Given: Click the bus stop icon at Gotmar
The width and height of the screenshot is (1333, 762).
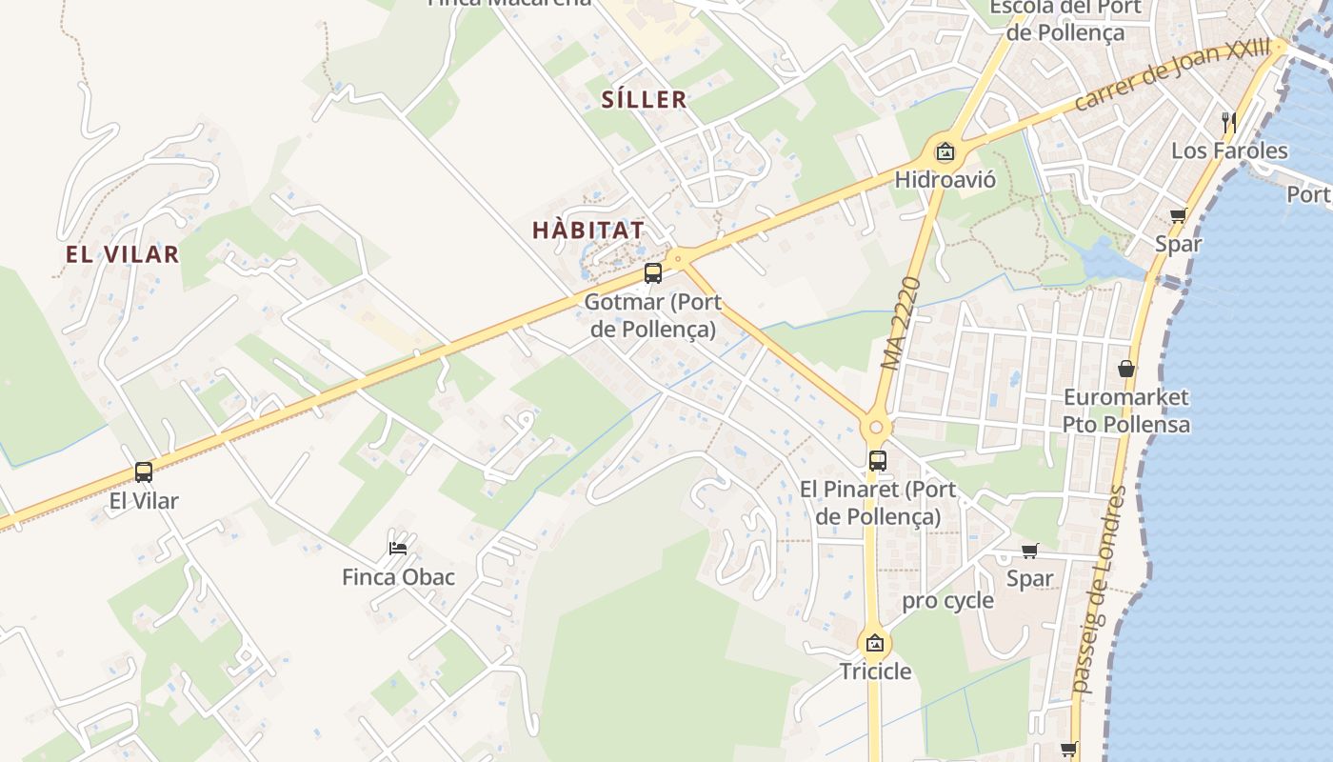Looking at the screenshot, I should pyautogui.click(x=652, y=273).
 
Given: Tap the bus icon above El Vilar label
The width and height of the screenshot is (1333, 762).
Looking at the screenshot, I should pyautogui.click(x=144, y=471).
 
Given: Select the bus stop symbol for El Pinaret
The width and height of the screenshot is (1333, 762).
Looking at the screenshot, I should pyautogui.click(x=877, y=461).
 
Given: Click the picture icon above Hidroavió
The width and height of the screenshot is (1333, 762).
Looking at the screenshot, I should pyautogui.click(x=945, y=151).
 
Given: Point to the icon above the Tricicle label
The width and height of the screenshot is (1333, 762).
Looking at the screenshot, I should pyautogui.click(x=874, y=643).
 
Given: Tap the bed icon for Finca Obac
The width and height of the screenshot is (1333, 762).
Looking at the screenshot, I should pyautogui.click(x=398, y=548).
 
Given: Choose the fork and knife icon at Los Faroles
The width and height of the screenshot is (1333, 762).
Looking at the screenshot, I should pyautogui.click(x=1229, y=122).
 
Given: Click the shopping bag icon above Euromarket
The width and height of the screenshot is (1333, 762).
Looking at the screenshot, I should pyautogui.click(x=1126, y=369).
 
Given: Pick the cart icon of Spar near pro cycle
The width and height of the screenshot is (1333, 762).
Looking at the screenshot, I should pyautogui.click(x=1029, y=551).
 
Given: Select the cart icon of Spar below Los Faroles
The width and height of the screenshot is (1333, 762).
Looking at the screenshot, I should pyautogui.click(x=1178, y=215).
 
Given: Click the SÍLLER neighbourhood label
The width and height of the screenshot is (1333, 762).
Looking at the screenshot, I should pyautogui.click(x=644, y=99).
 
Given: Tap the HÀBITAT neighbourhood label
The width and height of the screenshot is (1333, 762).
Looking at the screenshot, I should pyautogui.click(x=588, y=230).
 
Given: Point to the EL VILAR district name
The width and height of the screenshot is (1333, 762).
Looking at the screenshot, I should pyautogui.click(x=122, y=254).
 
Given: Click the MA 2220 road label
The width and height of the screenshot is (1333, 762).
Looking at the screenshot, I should pyautogui.click(x=901, y=324).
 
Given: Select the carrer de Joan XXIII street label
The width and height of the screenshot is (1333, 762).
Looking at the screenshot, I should pyautogui.click(x=1172, y=73).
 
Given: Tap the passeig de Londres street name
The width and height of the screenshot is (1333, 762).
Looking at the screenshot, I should pyautogui.click(x=1099, y=590).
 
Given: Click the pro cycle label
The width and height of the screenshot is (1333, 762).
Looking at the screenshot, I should pyautogui.click(x=947, y=601).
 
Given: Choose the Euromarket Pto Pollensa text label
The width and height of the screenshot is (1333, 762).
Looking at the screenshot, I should pyautogui.click(x=1126, y=411).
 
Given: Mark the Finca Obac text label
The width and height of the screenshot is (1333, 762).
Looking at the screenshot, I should pyautogui.click(x=398, y=577).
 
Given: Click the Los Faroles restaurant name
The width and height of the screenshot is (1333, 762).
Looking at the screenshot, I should pyautogui.click(x=1229, y=150).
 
